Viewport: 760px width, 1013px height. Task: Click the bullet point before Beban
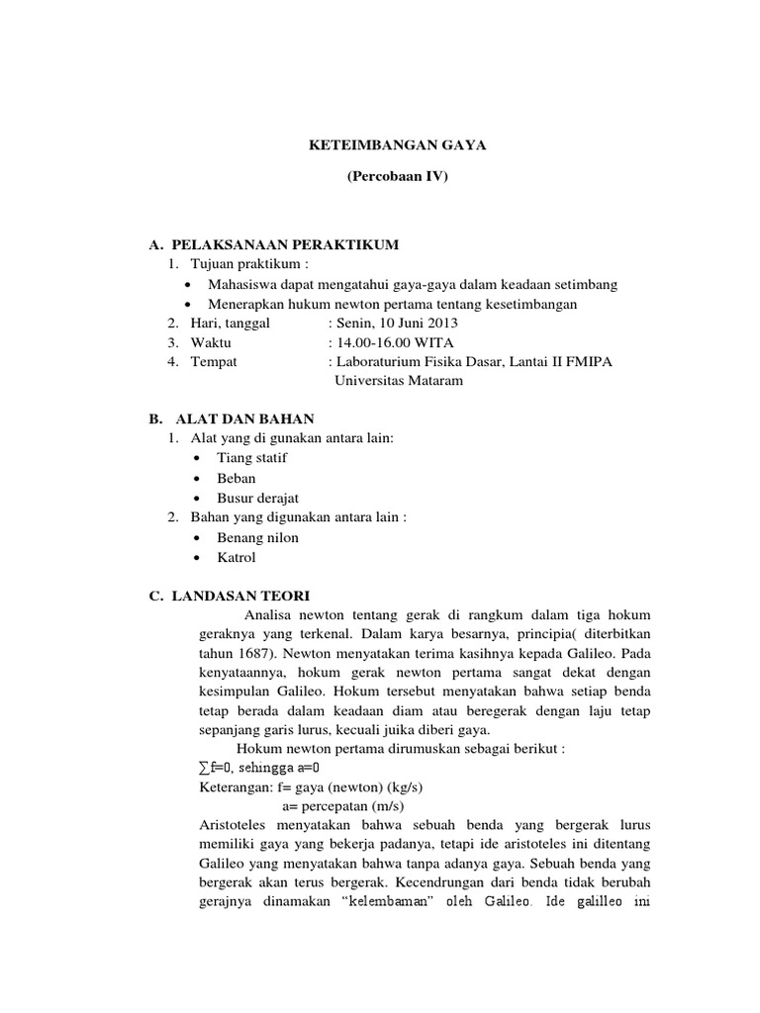click(x=199, y=479)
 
